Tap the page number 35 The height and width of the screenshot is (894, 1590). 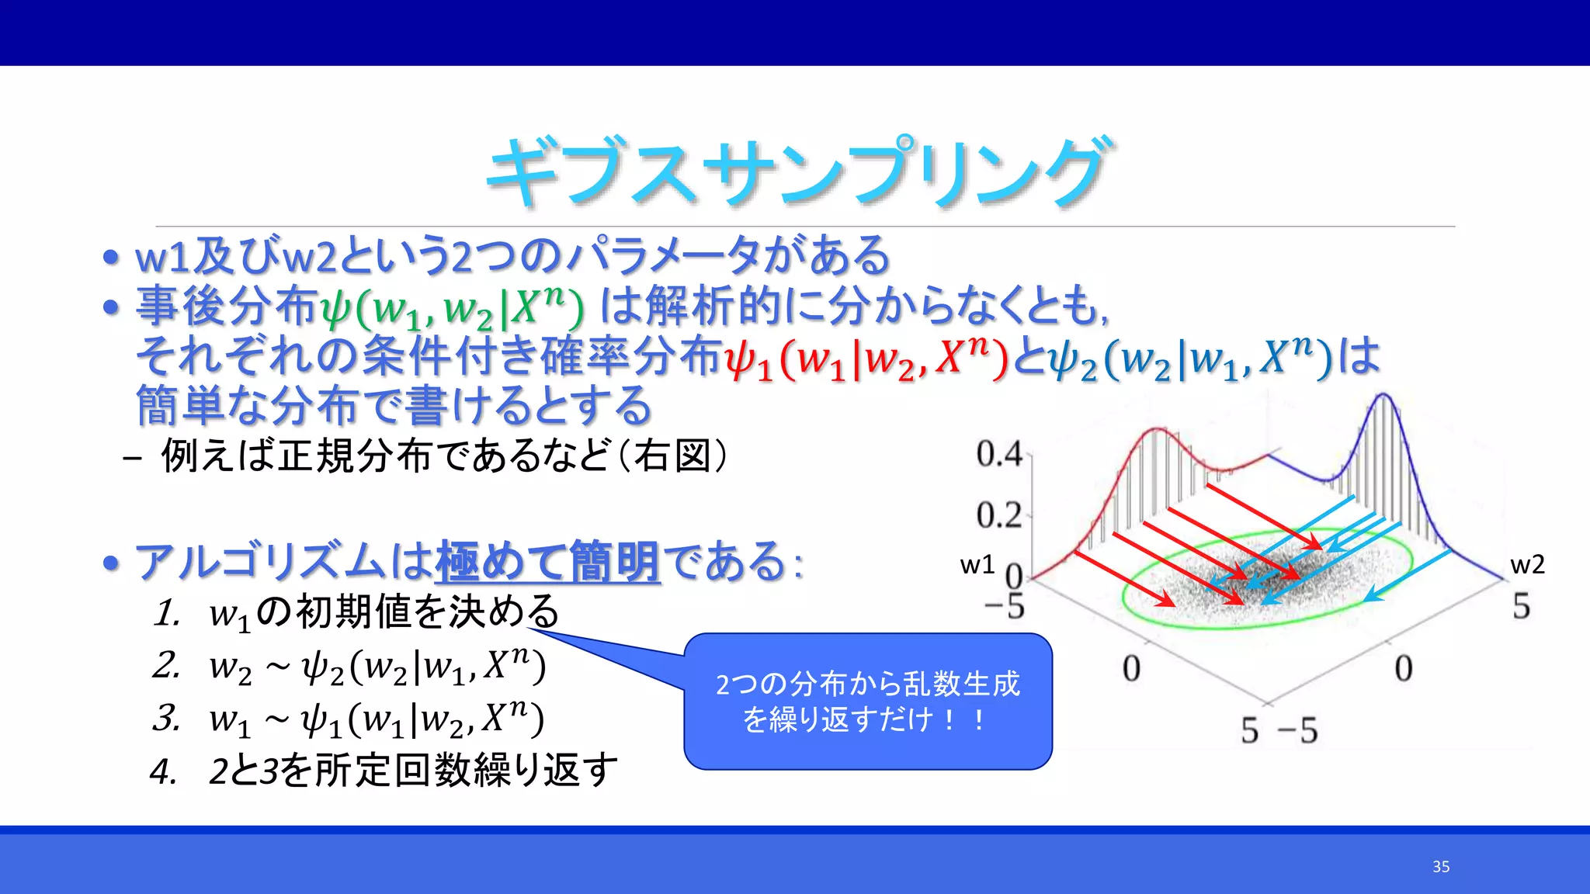1441,867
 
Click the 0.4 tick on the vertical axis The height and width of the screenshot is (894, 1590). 999,454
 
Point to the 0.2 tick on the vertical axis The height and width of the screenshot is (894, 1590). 999,515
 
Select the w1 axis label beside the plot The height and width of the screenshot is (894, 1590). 977,564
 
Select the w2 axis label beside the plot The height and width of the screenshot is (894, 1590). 1527,564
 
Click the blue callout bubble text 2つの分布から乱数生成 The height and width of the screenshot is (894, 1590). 867,684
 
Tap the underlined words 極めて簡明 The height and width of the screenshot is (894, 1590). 547,562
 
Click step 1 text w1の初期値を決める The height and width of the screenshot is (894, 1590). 384,612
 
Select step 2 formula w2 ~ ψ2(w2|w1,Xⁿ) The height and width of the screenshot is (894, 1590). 377,666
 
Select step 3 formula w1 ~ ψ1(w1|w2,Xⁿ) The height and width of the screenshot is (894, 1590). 376,719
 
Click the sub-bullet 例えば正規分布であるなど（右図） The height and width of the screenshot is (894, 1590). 443,456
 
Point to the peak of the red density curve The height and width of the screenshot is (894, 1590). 1157,428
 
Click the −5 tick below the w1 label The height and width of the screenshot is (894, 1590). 1005,607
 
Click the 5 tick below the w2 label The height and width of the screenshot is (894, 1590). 1521,606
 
